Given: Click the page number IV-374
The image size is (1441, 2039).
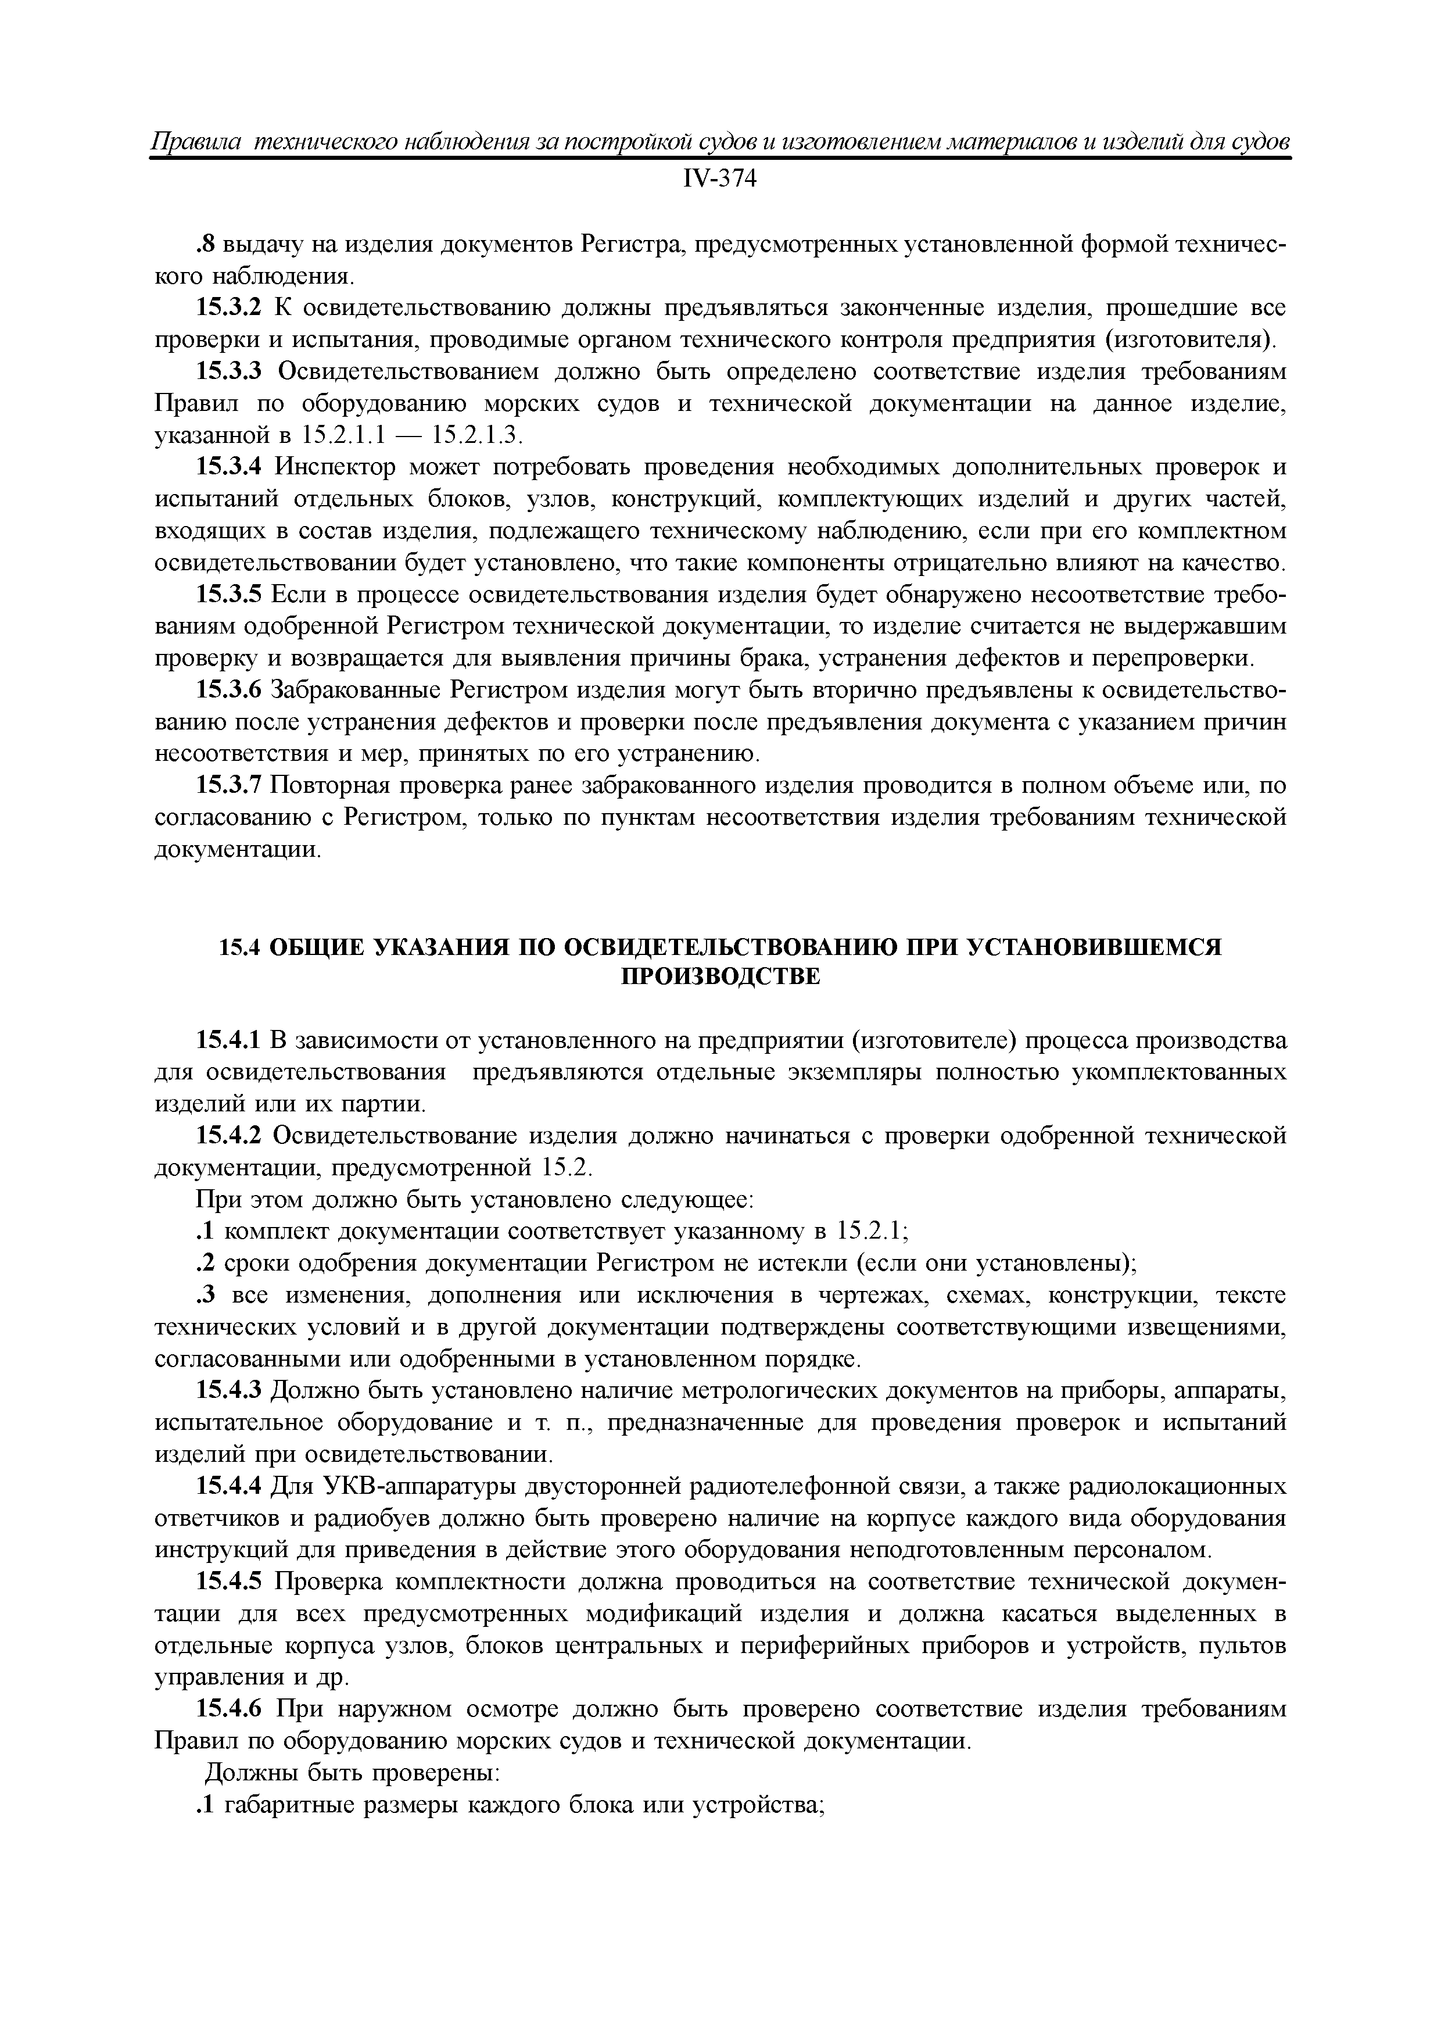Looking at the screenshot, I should pos(719,180).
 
